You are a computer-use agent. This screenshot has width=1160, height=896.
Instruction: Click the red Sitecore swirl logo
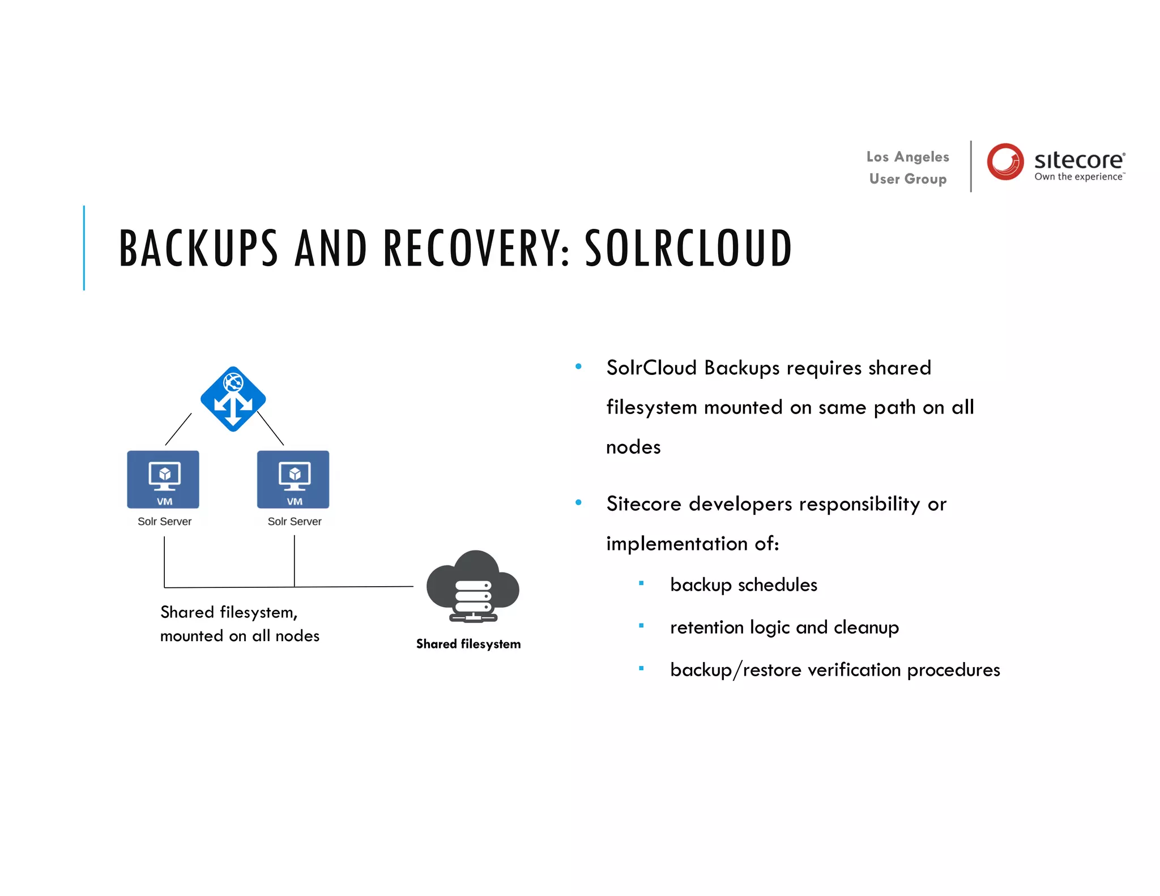click(x=1005, y=161)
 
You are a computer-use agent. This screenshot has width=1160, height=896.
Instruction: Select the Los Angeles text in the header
click(x=907, y=157)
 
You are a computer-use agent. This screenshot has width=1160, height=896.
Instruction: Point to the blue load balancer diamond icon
click(x=233, y=399)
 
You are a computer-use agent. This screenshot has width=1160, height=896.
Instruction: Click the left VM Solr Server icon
click(x=163, y=479)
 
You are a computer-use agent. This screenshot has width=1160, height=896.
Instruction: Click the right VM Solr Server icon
click(x=293, y=479)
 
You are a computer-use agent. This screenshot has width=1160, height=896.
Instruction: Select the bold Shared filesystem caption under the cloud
click(x=468, y=644)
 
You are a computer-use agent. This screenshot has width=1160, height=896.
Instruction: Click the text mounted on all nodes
click(x=240, y=636)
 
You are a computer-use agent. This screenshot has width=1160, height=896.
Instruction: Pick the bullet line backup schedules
click(x=743, y=584)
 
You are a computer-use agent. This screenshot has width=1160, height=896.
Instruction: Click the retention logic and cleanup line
click(x=784, y=627)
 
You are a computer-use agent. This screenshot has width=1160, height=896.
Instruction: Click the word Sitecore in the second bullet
click(x=643, y=504)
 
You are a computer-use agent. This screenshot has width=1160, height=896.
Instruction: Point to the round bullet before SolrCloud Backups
click(x=578, y=366)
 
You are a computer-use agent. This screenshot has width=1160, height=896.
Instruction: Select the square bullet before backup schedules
click(x=641, y=583)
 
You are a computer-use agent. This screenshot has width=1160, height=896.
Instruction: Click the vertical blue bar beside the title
click(x=84, y=248)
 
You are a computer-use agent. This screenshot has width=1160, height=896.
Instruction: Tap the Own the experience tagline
click(x=1078, y=177)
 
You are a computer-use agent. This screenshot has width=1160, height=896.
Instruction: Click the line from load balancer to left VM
click(x=178, y=429)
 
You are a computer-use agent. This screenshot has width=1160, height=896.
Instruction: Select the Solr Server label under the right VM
click(x=294, y=521)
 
